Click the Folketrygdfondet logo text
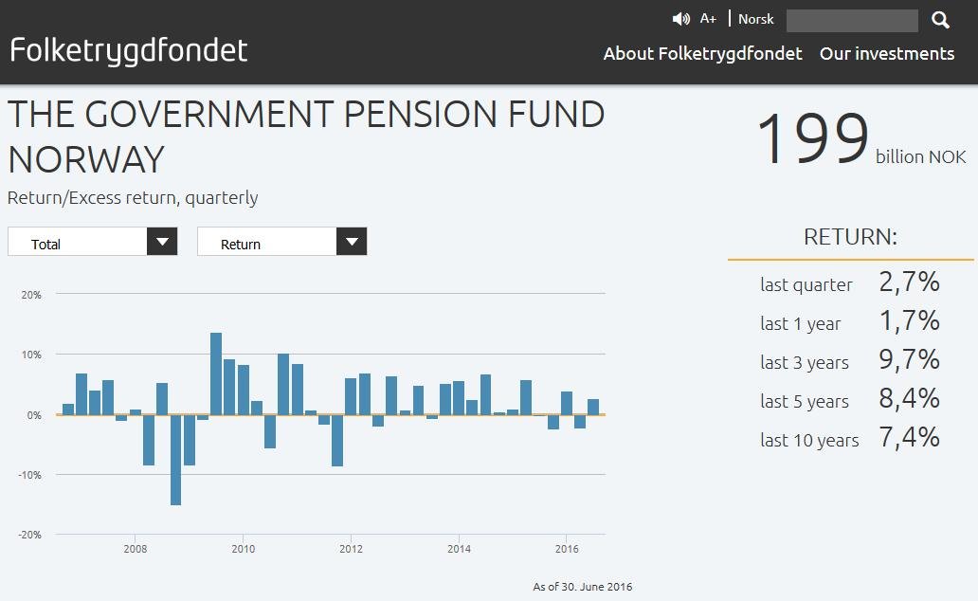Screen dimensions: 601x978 point(129,50)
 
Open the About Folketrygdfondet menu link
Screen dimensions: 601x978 point(702,54)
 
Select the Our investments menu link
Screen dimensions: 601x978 point(887,54)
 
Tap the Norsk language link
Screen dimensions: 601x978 point(756,19)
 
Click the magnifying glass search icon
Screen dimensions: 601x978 point(940,20)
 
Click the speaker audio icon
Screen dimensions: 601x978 point(680,19)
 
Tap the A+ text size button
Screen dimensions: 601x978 point(708,19)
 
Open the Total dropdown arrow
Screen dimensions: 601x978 point(162,242)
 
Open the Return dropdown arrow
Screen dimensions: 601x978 point(352,242)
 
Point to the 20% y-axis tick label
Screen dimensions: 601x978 point(31,295)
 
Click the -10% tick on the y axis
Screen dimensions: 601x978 point(30,475)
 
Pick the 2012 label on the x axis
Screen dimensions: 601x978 point(351,549)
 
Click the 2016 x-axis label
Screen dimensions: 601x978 point(567,549)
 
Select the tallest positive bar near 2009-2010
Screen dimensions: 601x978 point(216,373)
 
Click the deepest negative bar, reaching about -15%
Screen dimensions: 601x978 point(175,460)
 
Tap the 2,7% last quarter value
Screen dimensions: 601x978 point(909,282)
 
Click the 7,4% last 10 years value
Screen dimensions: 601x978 point(909,437)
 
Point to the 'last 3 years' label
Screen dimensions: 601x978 point(805,362)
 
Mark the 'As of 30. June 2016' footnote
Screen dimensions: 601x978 point(582,587)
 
